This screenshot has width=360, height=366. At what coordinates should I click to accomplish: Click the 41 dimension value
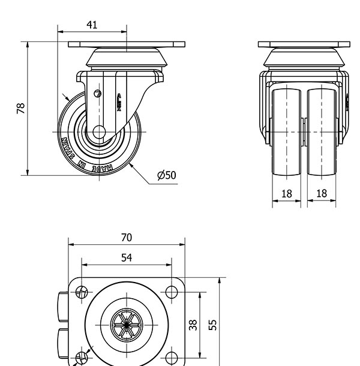click(x=92, y=25)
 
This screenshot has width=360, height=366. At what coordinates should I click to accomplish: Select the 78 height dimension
click(x=21, y=109)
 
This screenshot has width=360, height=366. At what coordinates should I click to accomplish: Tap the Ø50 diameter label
click(x=166, y=175)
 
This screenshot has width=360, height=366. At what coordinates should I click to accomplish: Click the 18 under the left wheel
click(x=286, y=193)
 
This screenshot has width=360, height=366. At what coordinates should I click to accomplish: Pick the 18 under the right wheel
click(x=322, y=193)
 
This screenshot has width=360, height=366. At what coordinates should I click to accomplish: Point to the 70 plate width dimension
click(x=126, y=238)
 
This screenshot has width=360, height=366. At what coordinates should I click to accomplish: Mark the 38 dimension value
click(x=193, y=325)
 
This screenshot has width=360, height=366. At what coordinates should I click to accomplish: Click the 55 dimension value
click(x=213, y=324)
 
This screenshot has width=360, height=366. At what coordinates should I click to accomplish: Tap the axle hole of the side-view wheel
click(x=98, y=131)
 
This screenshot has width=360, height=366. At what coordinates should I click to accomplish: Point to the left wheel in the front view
click(x=287, y=132)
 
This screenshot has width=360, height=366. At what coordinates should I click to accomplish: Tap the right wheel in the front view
click(x=322, y=132)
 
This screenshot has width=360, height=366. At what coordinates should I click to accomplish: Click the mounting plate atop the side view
click(x=127, y=45)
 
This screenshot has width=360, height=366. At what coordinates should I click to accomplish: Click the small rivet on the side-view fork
click(x=98, y=93)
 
